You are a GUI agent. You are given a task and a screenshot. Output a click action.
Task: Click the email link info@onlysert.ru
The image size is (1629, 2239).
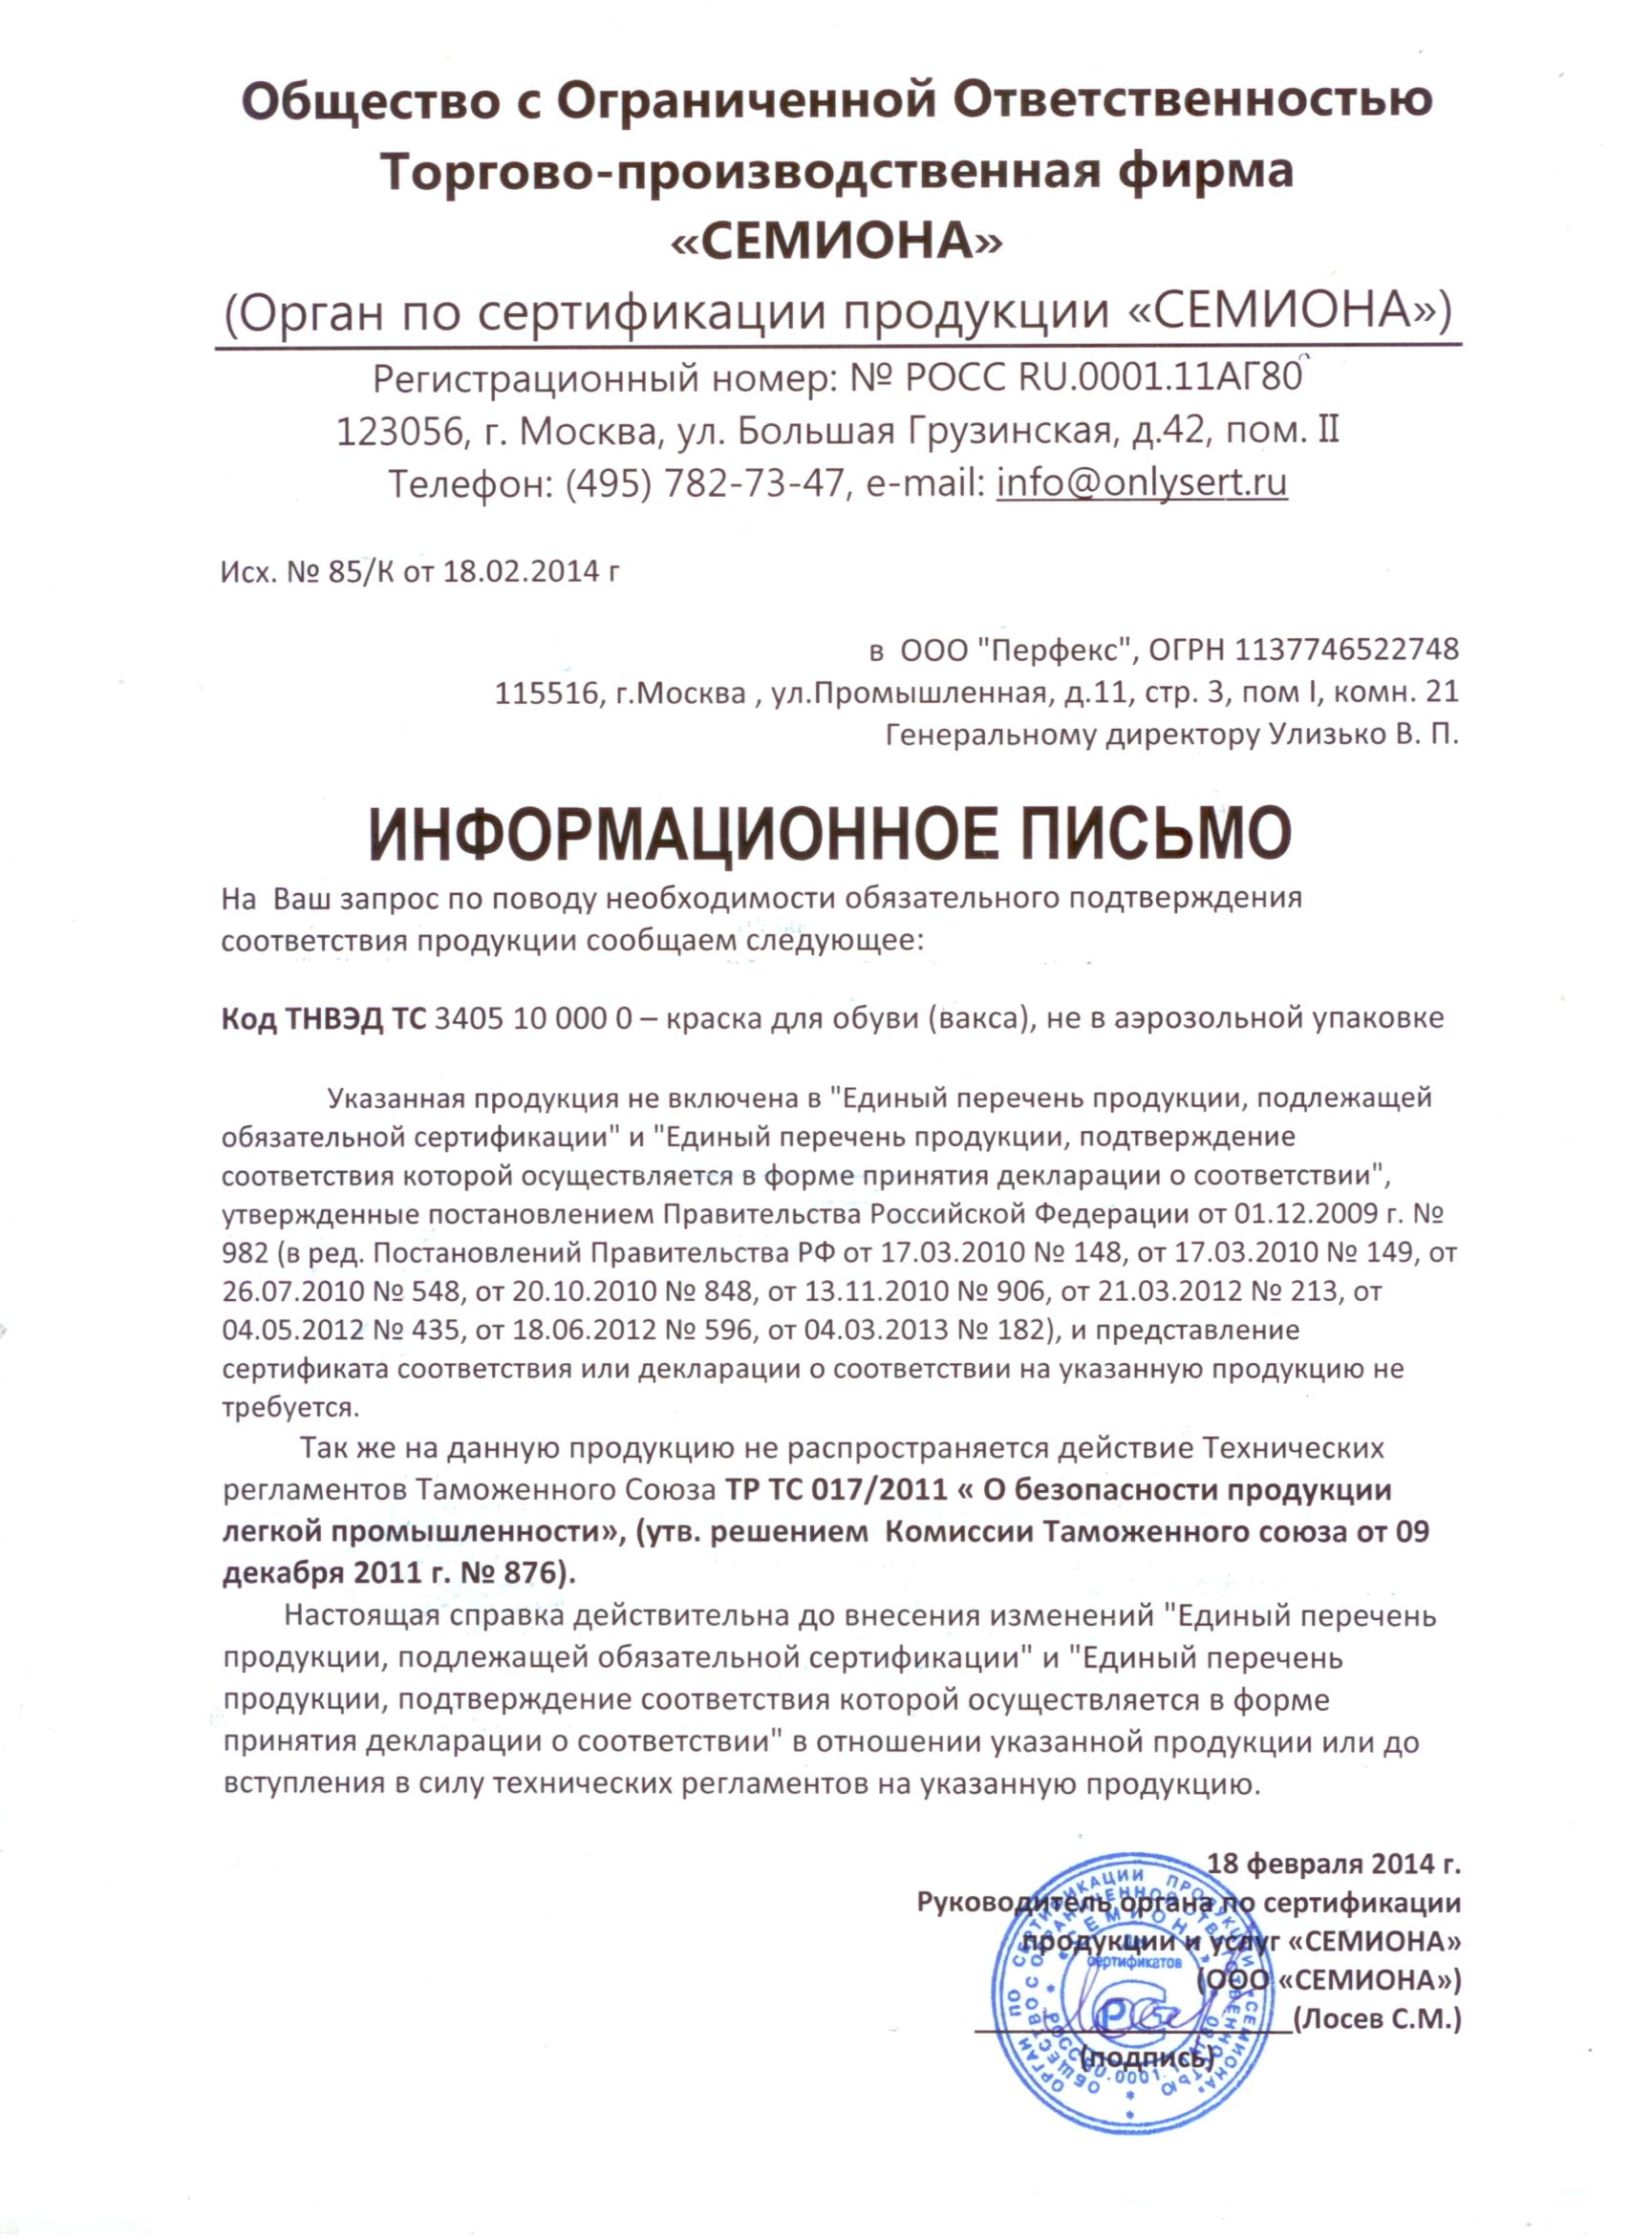(1142, 482)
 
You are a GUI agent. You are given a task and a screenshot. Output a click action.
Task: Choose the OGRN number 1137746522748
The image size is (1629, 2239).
(1346, 649)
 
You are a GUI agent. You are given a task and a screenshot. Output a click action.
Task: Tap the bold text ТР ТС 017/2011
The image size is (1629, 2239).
(836, 1491)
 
